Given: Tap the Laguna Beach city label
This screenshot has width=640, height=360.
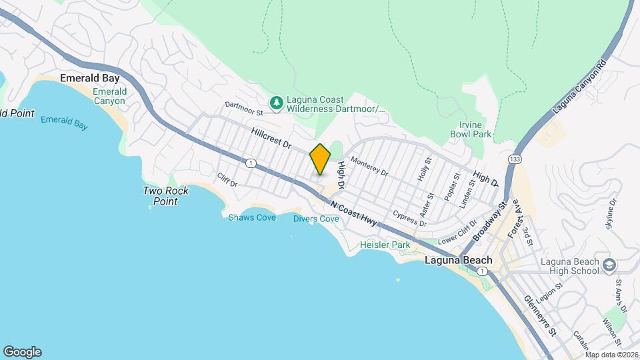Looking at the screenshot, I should [458, 260].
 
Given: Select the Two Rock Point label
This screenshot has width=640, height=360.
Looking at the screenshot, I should [166, 196].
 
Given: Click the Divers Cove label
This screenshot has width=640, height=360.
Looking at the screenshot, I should [316, 219].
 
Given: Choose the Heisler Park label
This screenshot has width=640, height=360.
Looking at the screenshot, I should [385, 245].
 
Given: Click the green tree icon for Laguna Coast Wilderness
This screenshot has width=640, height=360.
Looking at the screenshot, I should [275, 103].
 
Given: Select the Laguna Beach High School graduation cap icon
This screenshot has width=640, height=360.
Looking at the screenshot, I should [608, 266].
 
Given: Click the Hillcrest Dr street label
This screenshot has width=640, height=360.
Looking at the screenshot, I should [272, 139].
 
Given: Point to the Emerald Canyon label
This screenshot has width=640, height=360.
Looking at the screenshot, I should [109, 96].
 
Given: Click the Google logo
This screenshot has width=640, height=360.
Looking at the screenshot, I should [22, 351].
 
